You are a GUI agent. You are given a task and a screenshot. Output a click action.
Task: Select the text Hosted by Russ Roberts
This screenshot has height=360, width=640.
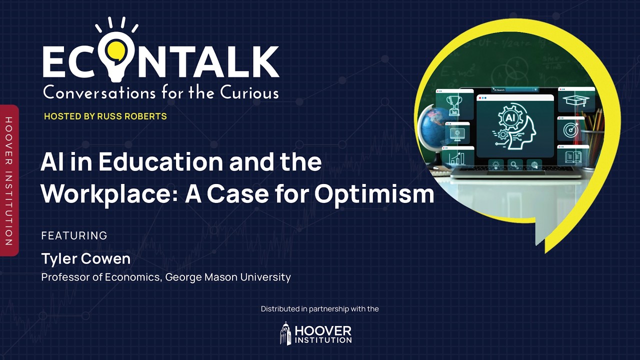click(x=105, y=116)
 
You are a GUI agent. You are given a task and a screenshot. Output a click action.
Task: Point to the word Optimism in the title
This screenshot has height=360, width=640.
click(x=374, y=194)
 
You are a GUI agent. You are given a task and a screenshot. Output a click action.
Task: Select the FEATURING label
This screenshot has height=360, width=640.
click(x=74, y=235)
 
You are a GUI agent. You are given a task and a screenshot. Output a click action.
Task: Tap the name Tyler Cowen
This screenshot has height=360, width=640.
click(x=86, y=258)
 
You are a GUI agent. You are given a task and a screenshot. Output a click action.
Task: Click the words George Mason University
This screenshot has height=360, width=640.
click(x=228, y=277)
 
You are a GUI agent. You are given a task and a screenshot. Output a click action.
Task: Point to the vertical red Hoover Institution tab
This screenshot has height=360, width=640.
click(x=8, y=180)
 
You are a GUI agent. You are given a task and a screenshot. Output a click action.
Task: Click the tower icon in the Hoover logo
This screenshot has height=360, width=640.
click(x=285, y=333)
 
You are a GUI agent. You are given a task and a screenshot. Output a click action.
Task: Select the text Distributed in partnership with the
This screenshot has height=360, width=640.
click(x=320, y=309)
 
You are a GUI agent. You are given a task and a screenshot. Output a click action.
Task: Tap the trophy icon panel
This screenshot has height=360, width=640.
click(x=454, y=104)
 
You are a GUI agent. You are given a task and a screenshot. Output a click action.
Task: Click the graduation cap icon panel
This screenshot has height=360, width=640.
click(x=576, y=101)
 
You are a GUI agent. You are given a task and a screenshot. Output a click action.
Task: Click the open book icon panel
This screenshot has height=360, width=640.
click(x=573, y=157)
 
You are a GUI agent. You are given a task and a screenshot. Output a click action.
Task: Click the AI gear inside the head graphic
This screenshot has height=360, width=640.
click(x=510, y=119)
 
